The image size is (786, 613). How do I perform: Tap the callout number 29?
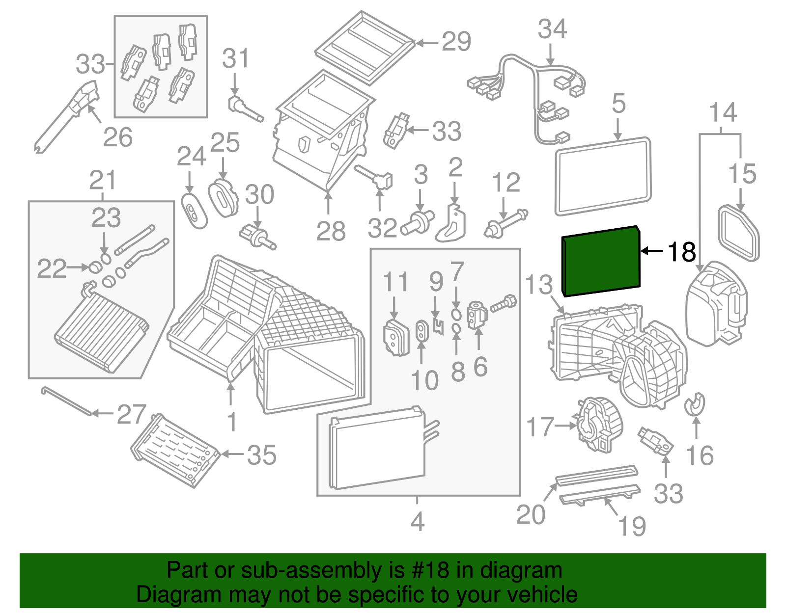456,42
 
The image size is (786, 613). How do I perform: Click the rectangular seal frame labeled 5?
603,177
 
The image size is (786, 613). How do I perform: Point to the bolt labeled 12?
506,223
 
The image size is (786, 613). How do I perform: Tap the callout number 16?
700,456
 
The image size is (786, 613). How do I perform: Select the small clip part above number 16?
695,404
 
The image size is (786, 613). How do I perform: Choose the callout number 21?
103,181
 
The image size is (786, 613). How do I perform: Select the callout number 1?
232,422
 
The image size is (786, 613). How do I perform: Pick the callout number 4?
417,522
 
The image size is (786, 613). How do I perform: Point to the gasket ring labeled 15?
738,234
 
